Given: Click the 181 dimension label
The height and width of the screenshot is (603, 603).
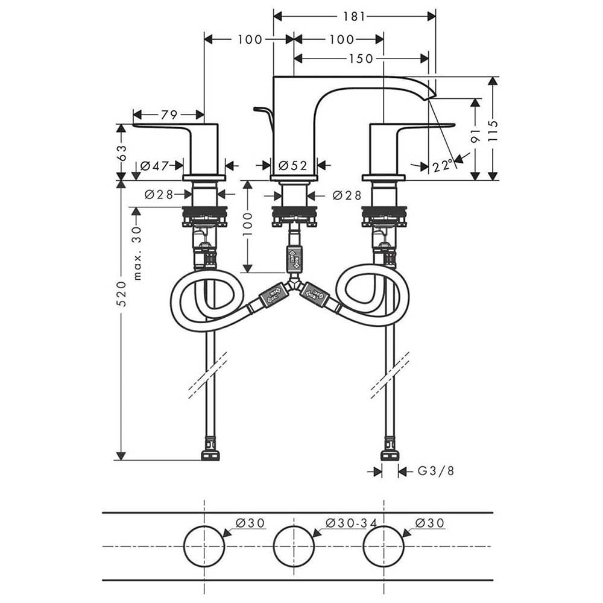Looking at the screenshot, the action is point(353,16).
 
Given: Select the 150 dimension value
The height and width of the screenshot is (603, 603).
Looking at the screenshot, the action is point(361,58).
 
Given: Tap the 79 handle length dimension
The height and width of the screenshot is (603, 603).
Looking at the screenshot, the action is point(169,115).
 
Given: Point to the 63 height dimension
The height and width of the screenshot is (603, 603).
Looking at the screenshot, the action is point(122,153).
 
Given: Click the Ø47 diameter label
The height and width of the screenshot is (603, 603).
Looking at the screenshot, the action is point(154,166).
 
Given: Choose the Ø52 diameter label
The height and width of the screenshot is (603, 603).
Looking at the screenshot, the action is point(293,165).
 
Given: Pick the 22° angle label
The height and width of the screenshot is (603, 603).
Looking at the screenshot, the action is point(442,166).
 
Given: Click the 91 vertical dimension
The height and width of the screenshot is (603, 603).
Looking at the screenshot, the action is point(475,135).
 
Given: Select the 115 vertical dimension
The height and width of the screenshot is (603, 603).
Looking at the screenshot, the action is point(493,130).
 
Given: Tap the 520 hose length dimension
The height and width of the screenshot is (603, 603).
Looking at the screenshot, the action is point(122,294).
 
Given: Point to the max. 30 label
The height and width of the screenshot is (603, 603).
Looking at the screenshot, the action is point(137,253).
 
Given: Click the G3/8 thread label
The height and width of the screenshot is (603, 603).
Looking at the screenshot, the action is point(436,471).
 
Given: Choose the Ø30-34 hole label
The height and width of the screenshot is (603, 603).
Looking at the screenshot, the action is point(351,523).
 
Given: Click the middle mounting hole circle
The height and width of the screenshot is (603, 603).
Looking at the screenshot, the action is point(294,546).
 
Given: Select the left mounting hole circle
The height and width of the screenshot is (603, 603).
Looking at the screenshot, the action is point(204,546).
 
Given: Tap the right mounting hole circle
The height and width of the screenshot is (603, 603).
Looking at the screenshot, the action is point(384,546).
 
